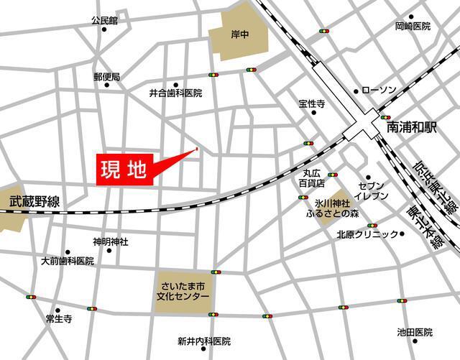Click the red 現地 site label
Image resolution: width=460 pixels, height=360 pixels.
[123, 171]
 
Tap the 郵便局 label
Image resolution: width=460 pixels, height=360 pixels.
[106, 75]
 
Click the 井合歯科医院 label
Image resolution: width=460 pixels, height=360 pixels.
[175, 93]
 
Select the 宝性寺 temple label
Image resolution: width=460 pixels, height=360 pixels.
[312, 103]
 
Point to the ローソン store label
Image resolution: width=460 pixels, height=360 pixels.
[379, 91]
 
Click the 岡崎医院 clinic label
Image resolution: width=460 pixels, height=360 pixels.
[413, 27]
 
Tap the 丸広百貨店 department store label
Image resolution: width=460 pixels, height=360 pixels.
[313, 178]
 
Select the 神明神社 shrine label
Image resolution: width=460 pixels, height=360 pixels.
[110, 241]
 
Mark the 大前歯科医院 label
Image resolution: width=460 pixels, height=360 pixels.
[68, 261]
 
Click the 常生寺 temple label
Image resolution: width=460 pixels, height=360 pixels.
[58, 318]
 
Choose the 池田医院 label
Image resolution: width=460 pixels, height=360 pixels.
[415, 332]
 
